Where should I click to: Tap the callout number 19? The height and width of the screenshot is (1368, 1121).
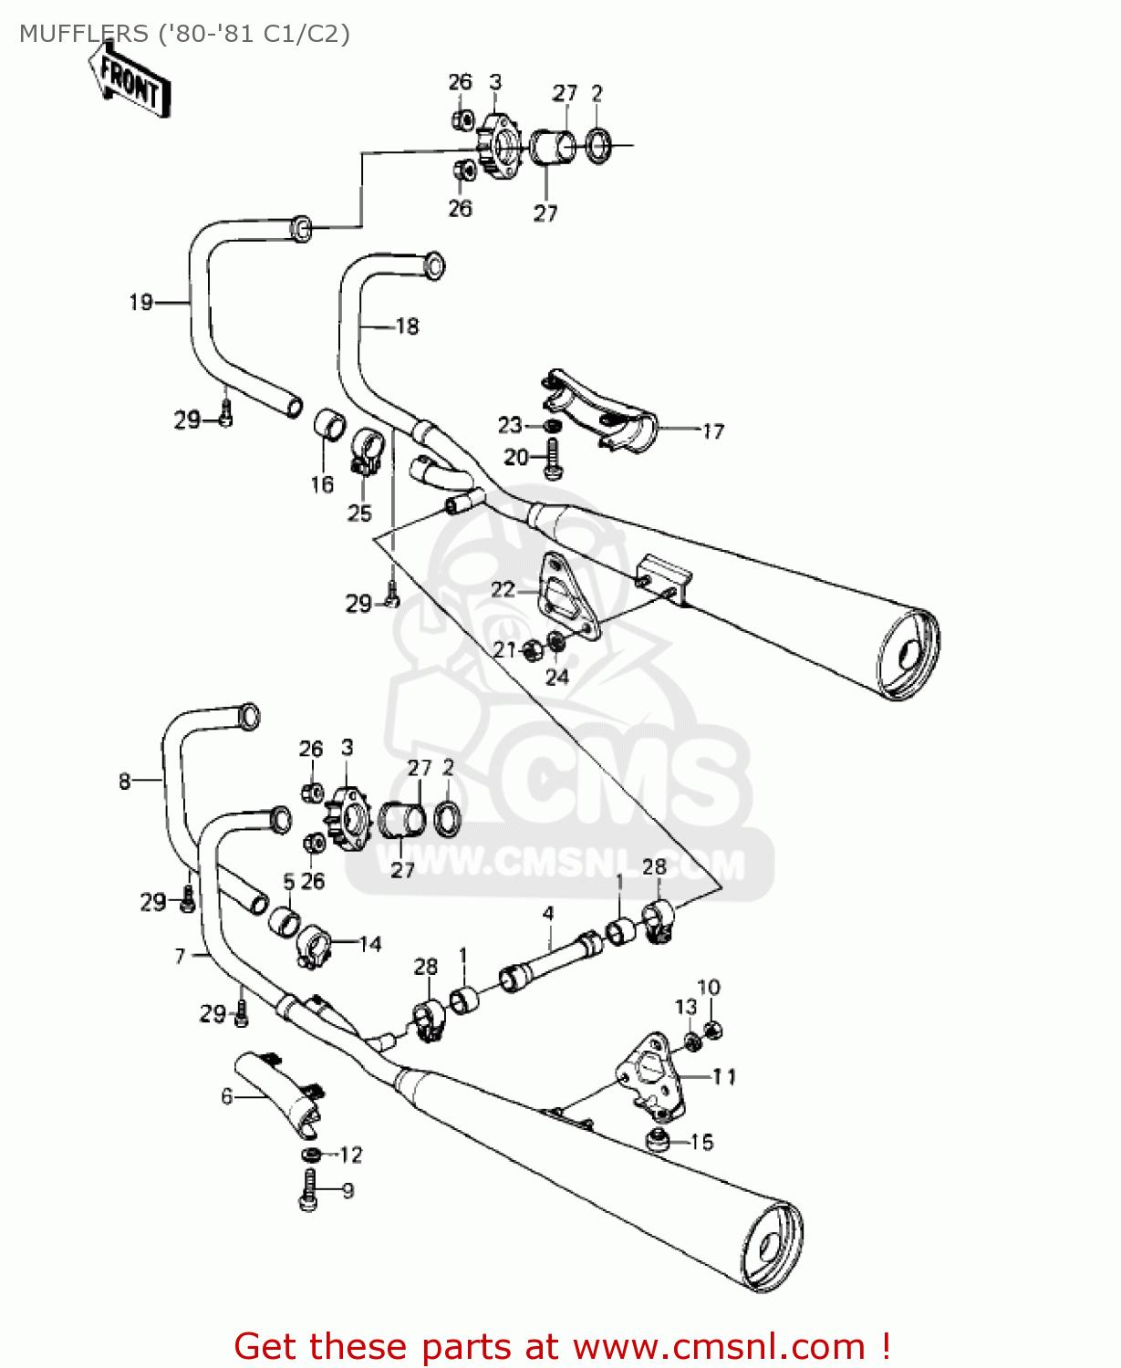coord(140,302)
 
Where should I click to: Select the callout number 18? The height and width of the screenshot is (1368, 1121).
coord(407,326)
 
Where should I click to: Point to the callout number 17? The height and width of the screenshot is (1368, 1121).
coord(712,430)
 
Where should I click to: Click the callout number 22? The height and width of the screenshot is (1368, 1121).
coord(503,589)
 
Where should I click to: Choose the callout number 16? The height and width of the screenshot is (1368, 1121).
coord(322,484)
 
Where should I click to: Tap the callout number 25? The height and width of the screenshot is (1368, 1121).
coord(359,513)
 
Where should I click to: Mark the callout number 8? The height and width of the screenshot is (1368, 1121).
coord(124,781)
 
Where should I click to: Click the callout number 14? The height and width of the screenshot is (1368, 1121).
coord(370,944)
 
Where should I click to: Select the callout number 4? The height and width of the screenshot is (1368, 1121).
coord(548,913)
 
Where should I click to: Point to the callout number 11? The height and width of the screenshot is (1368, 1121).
coord(724,1077)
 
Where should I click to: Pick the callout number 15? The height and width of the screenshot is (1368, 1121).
coord(701,1142)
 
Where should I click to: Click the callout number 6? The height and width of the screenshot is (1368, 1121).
coord(226,1095)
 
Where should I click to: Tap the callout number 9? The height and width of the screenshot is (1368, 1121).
coord(348,1190)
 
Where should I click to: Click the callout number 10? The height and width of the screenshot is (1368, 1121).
coord(709,987)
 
